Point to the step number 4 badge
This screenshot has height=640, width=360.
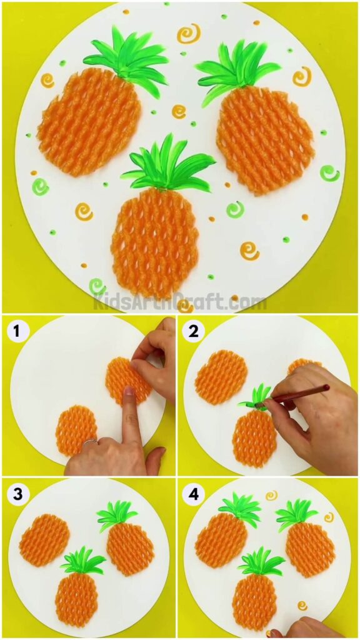click(x=193, y=494)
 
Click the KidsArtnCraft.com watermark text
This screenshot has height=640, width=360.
click(x=180, y=303)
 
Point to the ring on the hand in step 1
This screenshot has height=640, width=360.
click(x=90, y=442)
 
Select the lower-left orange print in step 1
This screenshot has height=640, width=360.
click(x=76, y=430)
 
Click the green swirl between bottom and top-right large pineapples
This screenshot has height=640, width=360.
click(x=235, y=209)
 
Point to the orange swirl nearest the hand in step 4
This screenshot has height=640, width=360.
click(x=302, y=606)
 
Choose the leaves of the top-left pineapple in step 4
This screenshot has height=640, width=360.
click(x=239, y=509)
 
